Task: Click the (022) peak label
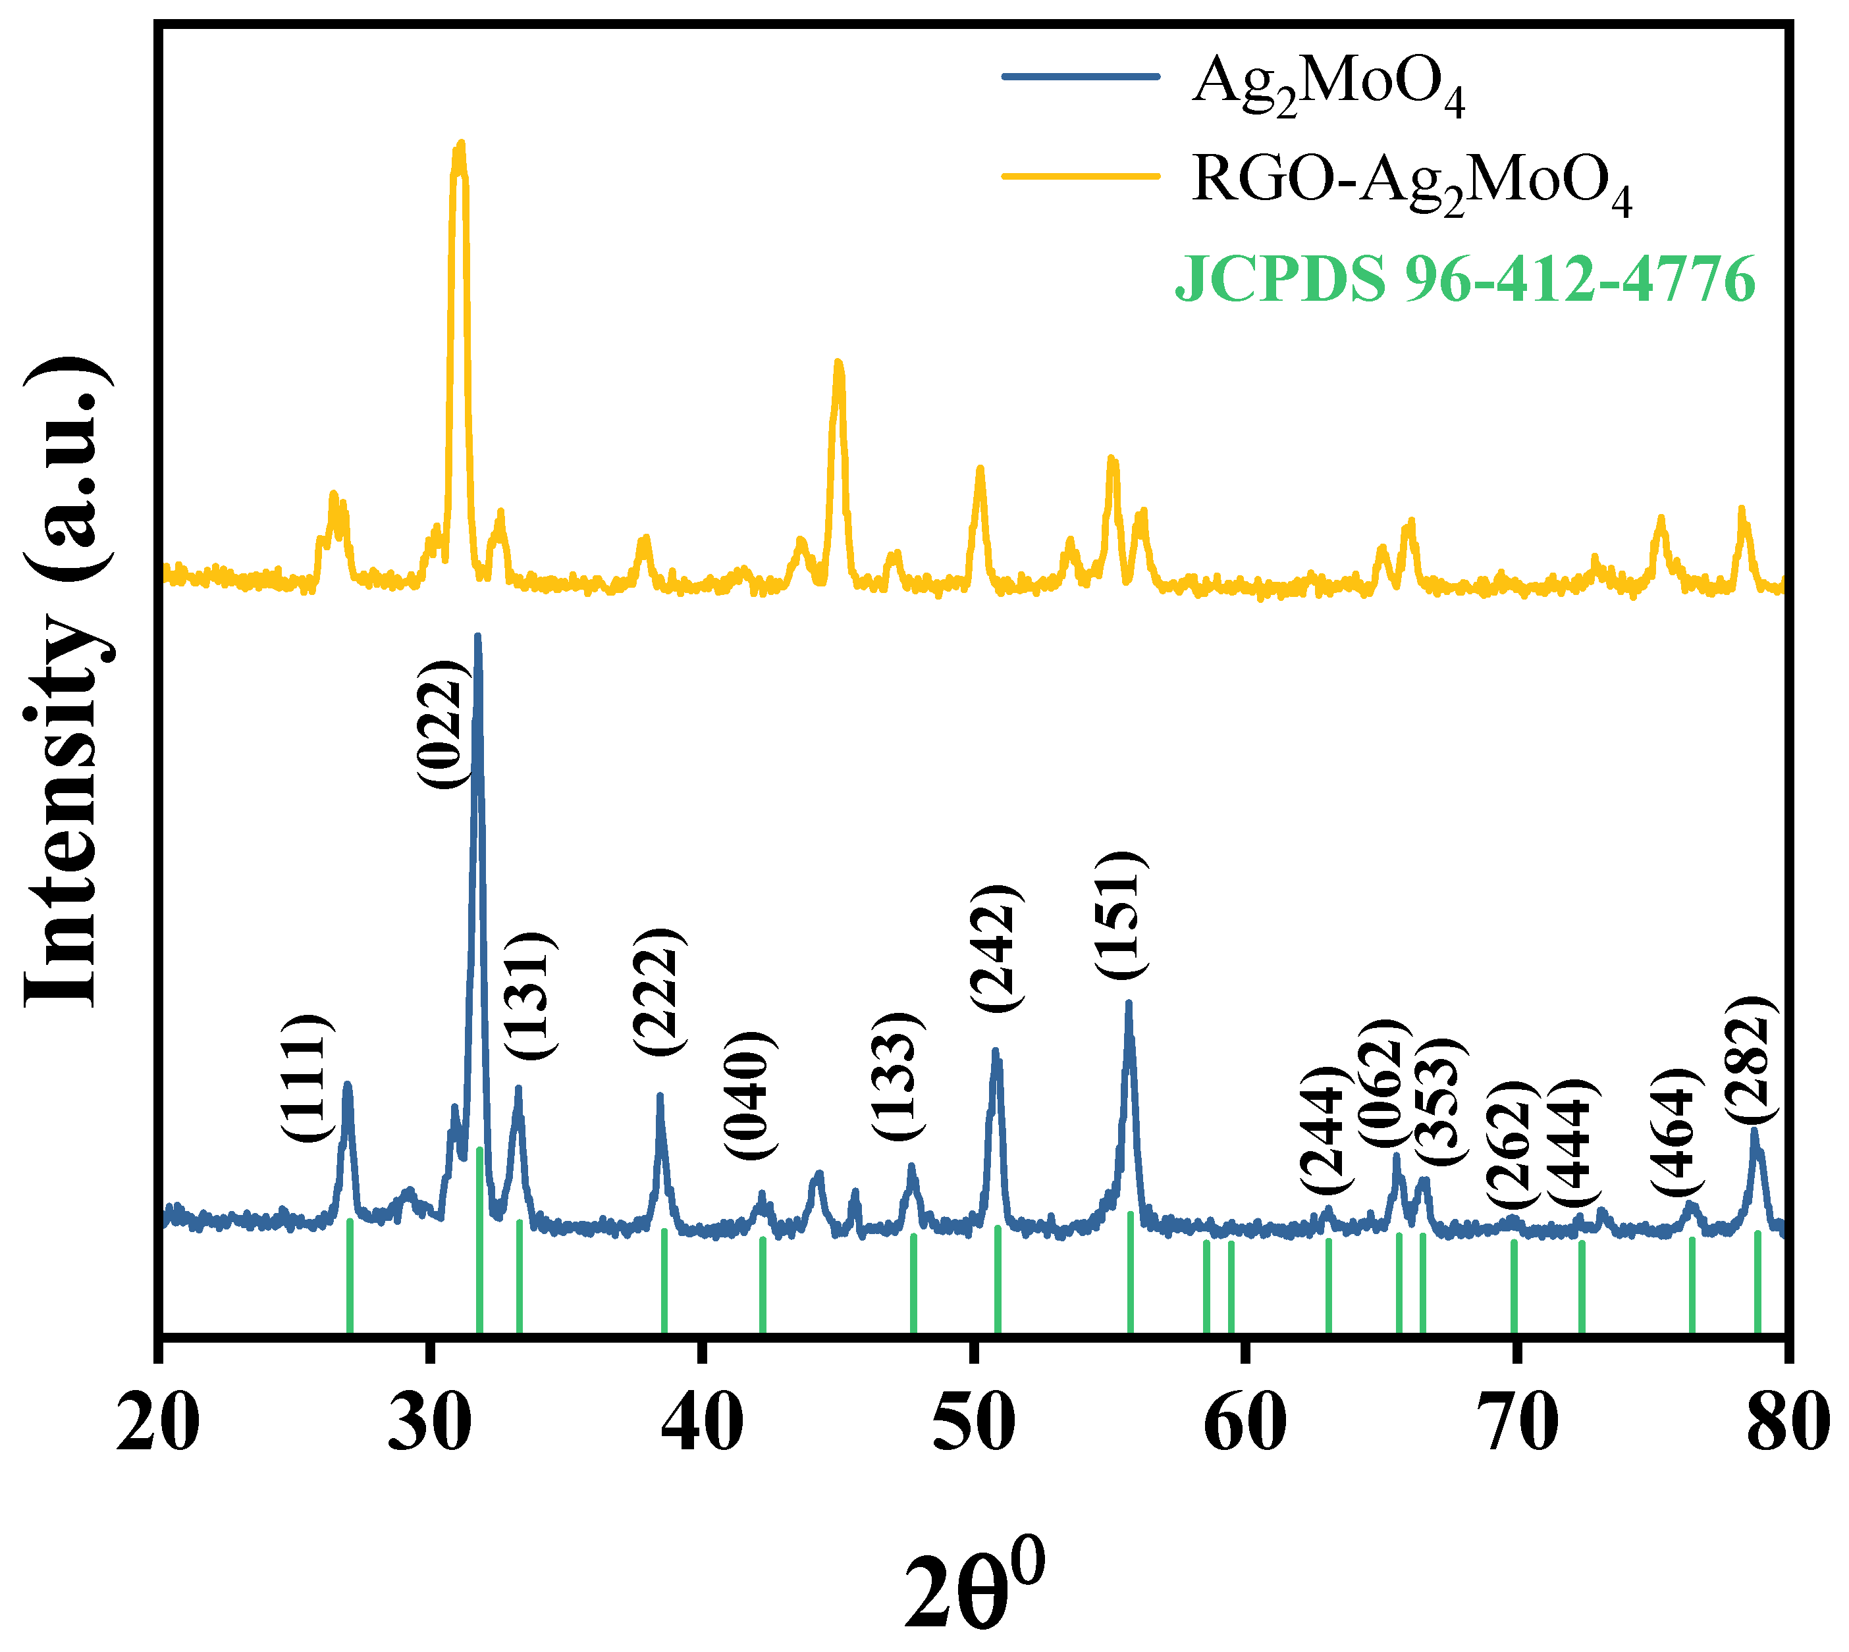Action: coord(443,725)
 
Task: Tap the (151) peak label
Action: coord(1120,914)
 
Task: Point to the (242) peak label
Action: coord(996,946)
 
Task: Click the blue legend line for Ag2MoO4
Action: coord(1081,76)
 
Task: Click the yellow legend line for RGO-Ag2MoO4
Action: coord(1081,175)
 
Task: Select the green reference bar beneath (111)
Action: coord(350,1276)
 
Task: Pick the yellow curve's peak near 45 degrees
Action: coord(838,363)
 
